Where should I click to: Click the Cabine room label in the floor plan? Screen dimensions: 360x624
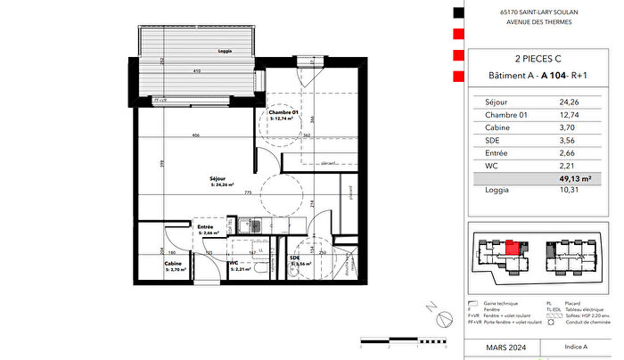click(x=174, y=264)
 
